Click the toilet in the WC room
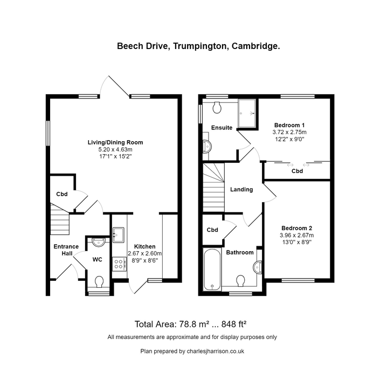pos(99,282)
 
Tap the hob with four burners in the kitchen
pos(119,264)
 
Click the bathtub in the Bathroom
pos(212,269)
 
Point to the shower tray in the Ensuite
pos(247,114)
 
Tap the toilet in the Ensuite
pos(217,107)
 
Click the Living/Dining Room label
pos(115,142)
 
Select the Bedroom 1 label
pos(289,125)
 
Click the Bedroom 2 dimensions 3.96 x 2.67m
pos(296,235)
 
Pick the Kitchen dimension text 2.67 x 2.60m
pos(145,253)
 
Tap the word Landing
pos(241,190)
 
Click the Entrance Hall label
pos(66,250)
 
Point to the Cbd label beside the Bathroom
pos(212,230)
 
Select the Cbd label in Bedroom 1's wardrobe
pos(297,171)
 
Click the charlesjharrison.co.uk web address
pos(216,351)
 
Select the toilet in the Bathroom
pos(240,281)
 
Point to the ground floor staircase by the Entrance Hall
pos(59,219)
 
